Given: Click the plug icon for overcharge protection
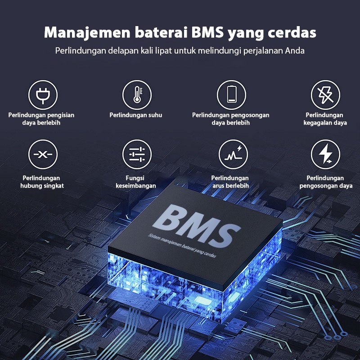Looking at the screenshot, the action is (43, 95).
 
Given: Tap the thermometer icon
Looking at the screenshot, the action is (137, 95).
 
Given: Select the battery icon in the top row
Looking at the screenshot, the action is (231, 95).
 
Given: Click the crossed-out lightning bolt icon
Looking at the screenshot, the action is (325, 95).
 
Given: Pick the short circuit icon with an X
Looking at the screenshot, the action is (43, 154).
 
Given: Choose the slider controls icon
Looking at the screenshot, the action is (137, 154).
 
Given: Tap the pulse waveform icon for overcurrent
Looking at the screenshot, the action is (233, 154).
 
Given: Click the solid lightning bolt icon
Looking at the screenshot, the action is (325, 154).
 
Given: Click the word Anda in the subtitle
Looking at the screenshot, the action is (295, 50).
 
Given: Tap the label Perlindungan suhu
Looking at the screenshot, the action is (136, 115).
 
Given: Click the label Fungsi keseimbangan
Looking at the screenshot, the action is (136, 182).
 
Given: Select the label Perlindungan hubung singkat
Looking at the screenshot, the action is (42, 182).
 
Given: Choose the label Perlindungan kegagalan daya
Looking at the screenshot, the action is (325, 119).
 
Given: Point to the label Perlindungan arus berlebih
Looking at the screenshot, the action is (230, 182).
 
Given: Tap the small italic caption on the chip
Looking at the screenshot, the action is (183, 246).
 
